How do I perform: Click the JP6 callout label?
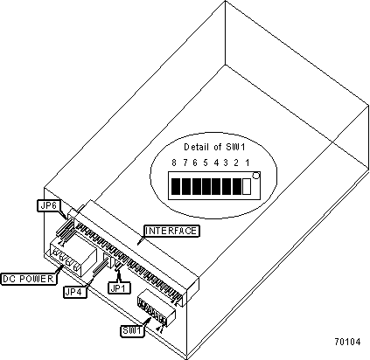[48, 205]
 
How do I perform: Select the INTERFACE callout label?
[171, 231]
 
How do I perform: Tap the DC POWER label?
[28, 279]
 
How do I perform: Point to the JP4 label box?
[75, 292]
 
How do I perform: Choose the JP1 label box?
[120, 287]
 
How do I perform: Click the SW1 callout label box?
[133, 331]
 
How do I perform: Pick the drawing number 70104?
[347, 342]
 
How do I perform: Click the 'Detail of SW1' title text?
[214, 147]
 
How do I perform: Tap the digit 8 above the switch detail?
[174, 163]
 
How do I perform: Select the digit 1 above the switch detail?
[248, 163]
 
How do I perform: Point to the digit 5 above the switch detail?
[206, 163]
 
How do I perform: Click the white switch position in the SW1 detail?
[247, 186]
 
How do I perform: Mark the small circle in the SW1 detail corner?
[255, 176]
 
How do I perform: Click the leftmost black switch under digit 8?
[176, 186]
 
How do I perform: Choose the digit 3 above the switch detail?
[226, 163]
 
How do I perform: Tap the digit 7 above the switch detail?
[185, 163]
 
